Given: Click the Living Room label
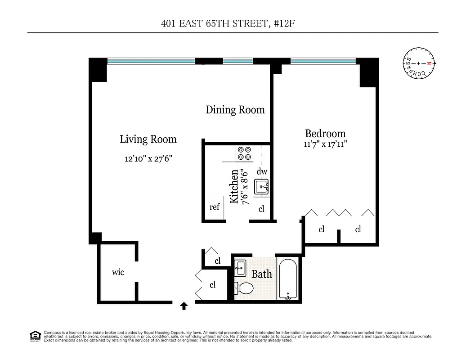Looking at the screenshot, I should pyautogui.click(x=148, y=139).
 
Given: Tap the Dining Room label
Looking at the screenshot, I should pyautogui.click(x=235, y=110).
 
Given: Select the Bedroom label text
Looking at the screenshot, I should pyautogui.click(x=325, y=134).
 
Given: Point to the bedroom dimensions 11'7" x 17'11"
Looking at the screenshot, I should pyautogui.click(x=325, y=144).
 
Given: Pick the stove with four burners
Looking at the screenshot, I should pyautogui.click(x=244, y=153).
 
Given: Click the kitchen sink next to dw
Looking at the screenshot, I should pyautogui.click(x=261, y=186).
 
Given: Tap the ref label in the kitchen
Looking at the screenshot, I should pyautogui.click(x=215, y=207).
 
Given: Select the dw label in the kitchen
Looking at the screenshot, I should pyautogui.click(x=262, y=171).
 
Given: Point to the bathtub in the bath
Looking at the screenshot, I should pyautogui.click(x=287, y=279).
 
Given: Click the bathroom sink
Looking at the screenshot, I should pyautogui.click(x=240, y=268).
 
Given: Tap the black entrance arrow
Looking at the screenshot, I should pyautogui.click(x=184, y=306).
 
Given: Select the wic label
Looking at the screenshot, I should pyautogui.click(x=118, y=272).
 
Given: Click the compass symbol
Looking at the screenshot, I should pyautogui.click(x=419, y=63).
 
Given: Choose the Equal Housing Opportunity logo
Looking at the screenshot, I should pyautogui.click(x=35, y=336).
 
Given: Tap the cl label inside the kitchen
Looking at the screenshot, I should pyautogui.click(x=261, y=209).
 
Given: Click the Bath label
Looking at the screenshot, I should pyautogui.click(x=261, y=274).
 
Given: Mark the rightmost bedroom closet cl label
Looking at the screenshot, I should pyautogui.click(x=358, y=229).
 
